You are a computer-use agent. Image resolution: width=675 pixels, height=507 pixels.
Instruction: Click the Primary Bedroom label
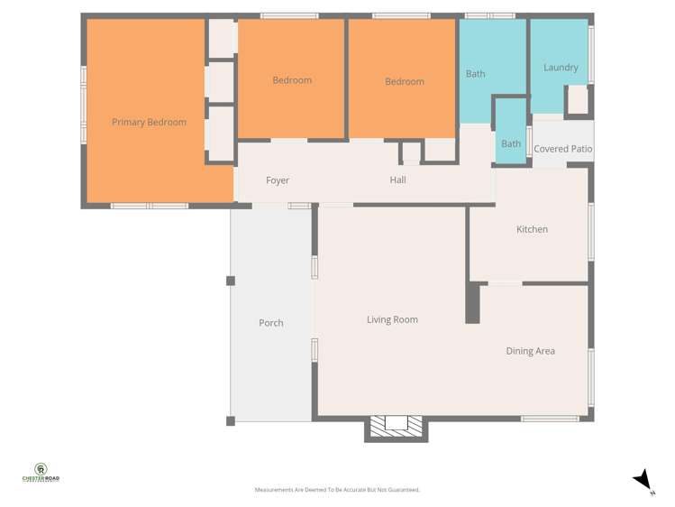(149, 123)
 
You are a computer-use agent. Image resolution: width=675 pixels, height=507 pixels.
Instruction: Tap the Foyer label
(278, 180)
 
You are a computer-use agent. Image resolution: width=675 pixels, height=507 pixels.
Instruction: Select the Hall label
(397, 180)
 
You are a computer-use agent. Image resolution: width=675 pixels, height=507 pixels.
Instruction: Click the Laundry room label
(561, 68)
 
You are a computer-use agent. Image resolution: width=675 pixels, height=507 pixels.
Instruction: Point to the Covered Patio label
(562, 149)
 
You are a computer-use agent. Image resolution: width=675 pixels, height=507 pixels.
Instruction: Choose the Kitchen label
(532, 229)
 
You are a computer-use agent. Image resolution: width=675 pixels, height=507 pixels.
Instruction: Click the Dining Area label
(530, 351)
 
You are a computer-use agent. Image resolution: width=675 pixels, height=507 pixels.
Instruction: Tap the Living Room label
(392, 319)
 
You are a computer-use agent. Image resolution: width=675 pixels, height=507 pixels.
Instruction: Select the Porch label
(270, 323)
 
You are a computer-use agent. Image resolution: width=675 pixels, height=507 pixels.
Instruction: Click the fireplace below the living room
(396, 426)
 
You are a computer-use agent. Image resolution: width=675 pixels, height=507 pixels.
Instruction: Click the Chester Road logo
(41, 473)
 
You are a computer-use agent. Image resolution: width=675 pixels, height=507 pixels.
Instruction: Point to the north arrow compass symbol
(643, 480)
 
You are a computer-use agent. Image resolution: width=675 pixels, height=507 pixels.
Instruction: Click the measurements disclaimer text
(337, 490)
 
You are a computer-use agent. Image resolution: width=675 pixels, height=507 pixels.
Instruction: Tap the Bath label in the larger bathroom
(475, 74)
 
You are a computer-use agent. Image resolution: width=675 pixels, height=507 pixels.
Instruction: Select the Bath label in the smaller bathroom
(511, 143)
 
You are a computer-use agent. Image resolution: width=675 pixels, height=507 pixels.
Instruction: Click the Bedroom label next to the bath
(405, 82)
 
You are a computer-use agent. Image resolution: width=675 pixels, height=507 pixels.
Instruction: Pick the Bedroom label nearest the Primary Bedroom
(292, 80)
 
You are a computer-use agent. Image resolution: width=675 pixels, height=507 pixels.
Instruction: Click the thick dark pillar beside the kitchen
(472, 303)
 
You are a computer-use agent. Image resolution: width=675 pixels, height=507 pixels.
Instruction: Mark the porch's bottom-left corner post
(231, 420)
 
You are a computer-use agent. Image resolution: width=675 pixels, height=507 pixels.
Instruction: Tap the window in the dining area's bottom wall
(550, 419)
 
